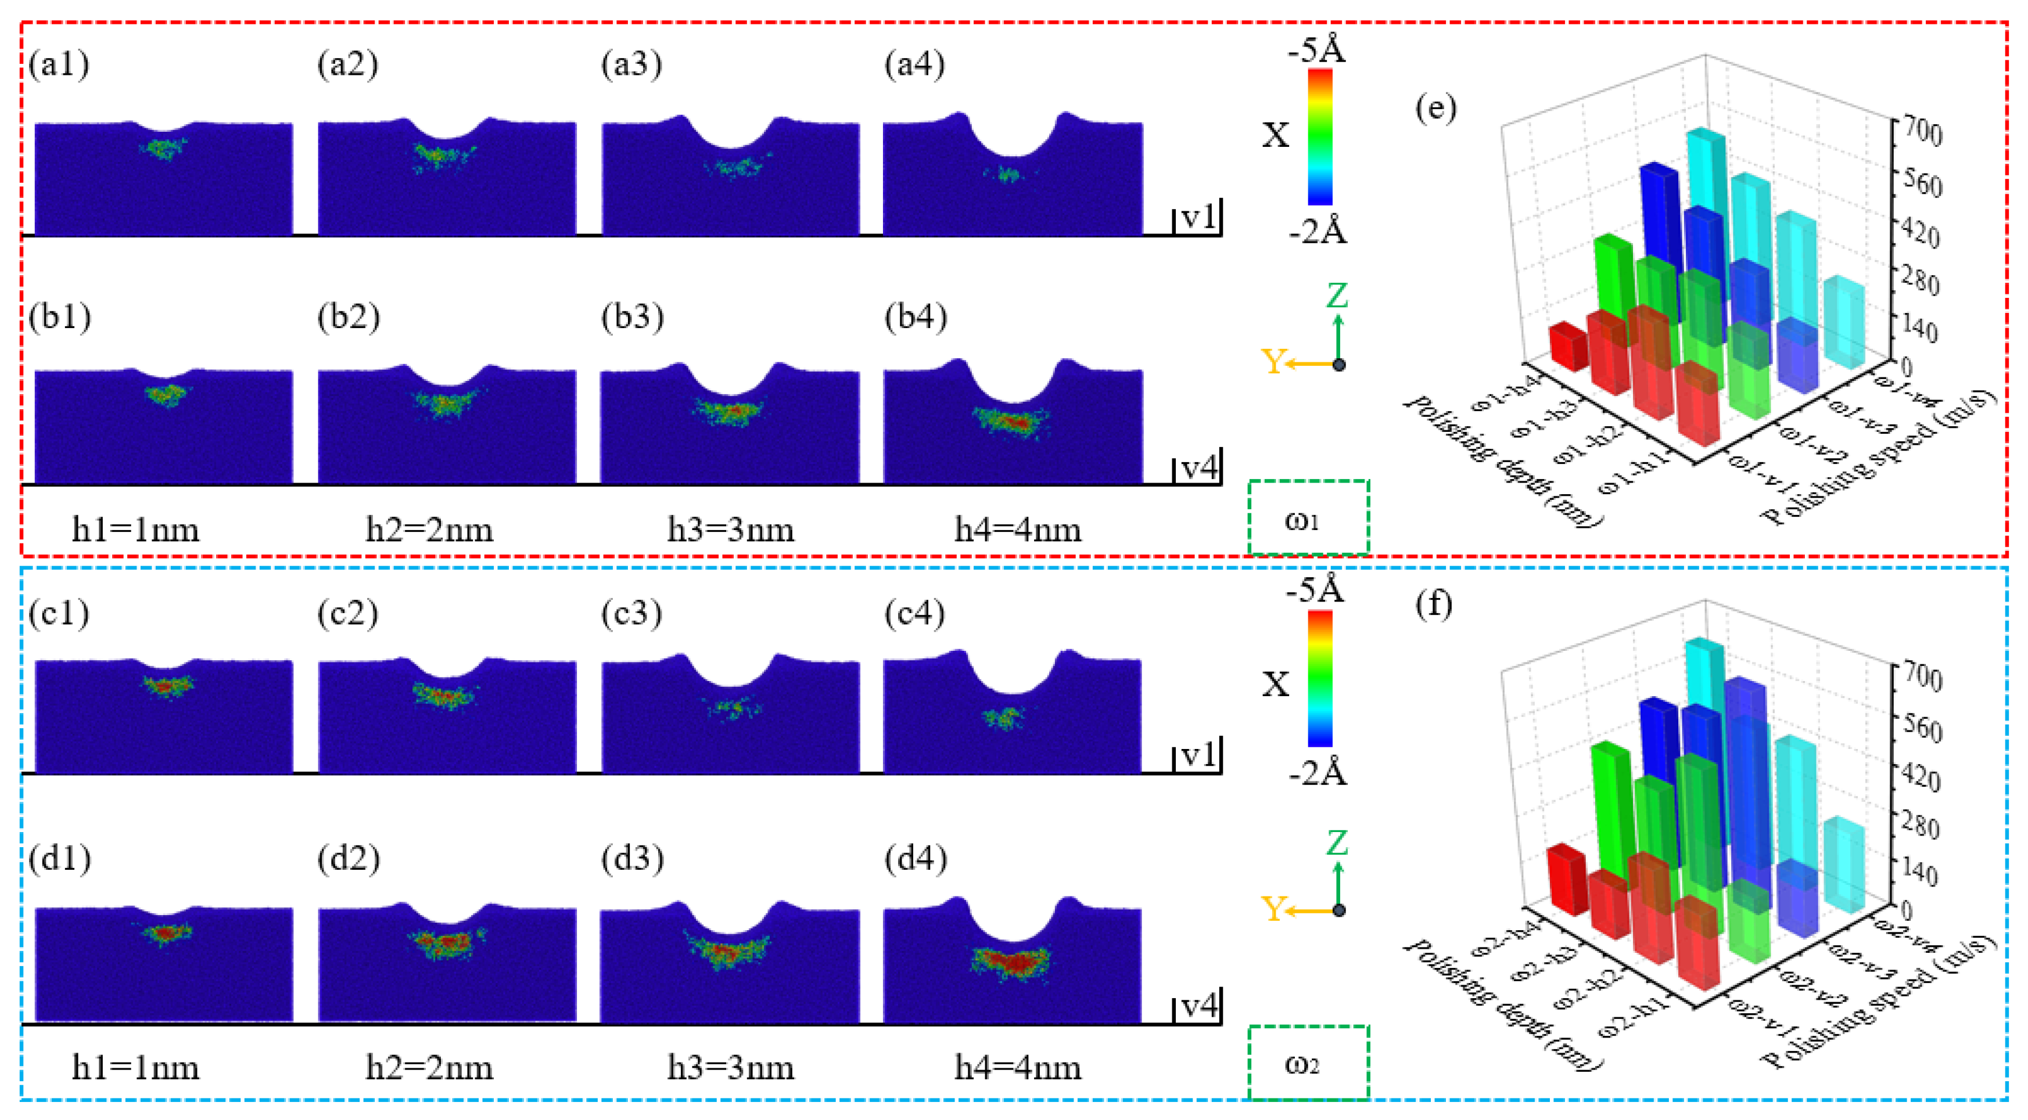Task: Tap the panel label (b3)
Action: (x=632, y=316)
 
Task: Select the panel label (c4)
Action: (x=915, y=613)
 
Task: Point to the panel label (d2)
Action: (x=348, y=859)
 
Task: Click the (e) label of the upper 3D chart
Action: (x=1435, y=109)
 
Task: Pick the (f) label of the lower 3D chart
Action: (x=1434, y=604)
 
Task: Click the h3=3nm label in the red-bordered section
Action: (x=731, y=530)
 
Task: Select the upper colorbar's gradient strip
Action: (x=1320, y=137)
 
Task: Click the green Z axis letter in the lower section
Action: (x=1337, y=843)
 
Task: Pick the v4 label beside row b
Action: (x=1199, y=469)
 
